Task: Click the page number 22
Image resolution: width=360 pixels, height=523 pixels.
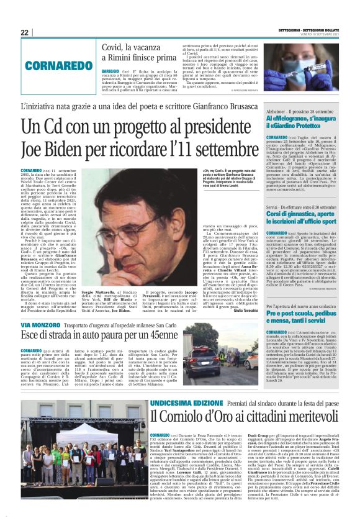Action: [25, 32]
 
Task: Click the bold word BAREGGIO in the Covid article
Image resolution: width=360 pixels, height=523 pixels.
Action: [111, 72]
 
